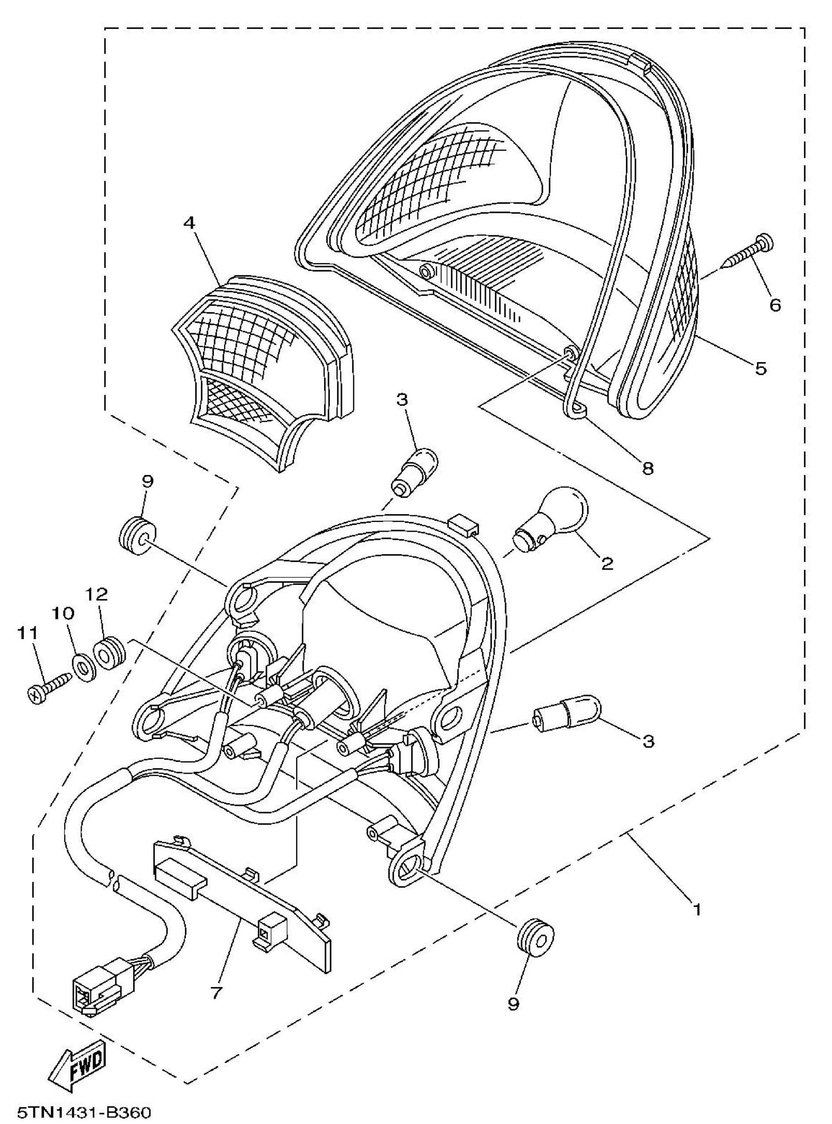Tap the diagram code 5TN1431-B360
[83, 1111]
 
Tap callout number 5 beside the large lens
[761, 368]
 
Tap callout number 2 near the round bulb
[608, 563]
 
